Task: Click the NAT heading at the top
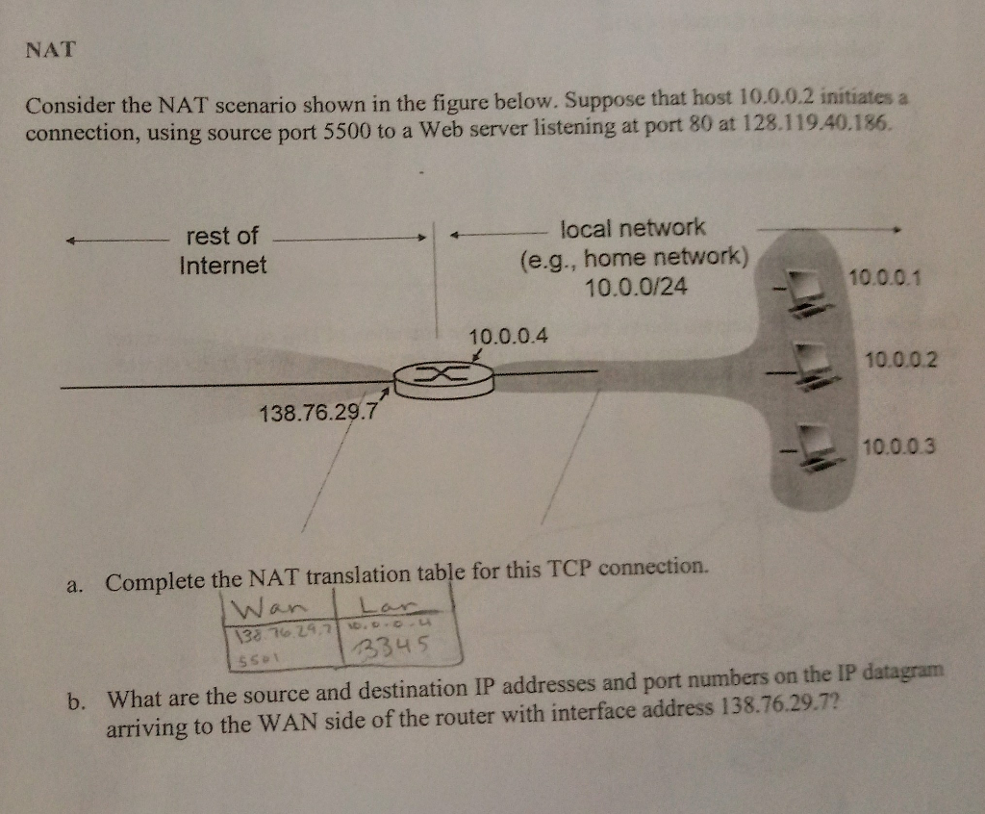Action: point(50,51)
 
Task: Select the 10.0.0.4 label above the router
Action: point(509,337)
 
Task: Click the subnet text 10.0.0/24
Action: point(637,286)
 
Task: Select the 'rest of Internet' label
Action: point(223,250)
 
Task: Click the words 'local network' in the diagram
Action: point(633,229)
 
